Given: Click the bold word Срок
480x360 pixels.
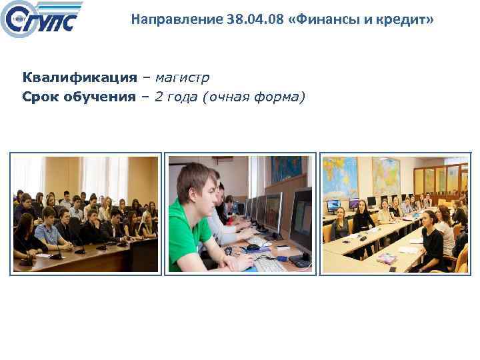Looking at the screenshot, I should point(41,97).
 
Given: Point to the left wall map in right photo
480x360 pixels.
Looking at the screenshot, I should point(340,177).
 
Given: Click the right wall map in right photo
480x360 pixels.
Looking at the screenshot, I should point(386,175).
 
